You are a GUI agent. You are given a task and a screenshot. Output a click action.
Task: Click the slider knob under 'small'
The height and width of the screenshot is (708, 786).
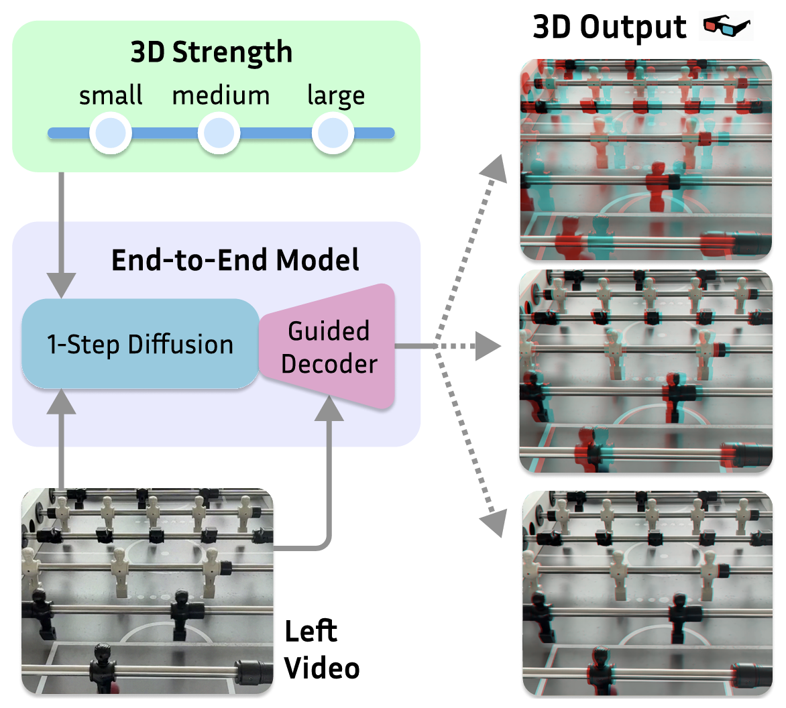pyautogui.click(x=110, y=133)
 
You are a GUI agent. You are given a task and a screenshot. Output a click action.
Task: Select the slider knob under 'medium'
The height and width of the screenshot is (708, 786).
pyautogui.click(x=219, y=133)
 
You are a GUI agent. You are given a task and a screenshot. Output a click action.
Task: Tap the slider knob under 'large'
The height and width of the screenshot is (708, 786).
pyautogui.click(x=332, y=133)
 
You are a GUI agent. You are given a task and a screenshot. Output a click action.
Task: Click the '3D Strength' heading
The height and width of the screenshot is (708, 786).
pyautogui.click(x=211, y=52)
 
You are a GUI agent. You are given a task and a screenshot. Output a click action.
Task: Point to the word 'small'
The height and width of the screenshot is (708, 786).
pyautogui.click(x=111, y=95)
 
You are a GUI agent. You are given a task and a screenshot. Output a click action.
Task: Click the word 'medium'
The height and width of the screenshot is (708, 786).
pyautogui.click(x=221, y=95)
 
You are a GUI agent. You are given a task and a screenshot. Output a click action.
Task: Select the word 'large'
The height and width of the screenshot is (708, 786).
pyautogui.click(x=336, y=96)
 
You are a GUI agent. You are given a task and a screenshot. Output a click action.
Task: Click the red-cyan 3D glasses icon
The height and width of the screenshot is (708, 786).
pyautogui.click(x=727, y=27)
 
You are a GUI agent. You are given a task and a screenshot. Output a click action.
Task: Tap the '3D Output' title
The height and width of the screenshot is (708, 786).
pyautogui.click(x=609, y=27)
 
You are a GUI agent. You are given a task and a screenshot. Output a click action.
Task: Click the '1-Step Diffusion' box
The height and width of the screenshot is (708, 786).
pyautogui.click(x=140, y=344)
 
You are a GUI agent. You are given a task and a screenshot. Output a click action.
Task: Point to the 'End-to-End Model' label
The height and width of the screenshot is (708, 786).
pyautogui.click(x=235, y=260)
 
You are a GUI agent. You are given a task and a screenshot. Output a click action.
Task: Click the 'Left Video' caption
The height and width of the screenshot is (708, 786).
pyautogui.click(x=321, y=650)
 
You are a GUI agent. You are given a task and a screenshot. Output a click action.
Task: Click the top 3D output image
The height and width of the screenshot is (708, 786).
pyautogui.click(x=646, y=159)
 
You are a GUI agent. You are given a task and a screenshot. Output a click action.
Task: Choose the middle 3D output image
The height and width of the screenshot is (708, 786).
pyautogui.click(x=646, y=371)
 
